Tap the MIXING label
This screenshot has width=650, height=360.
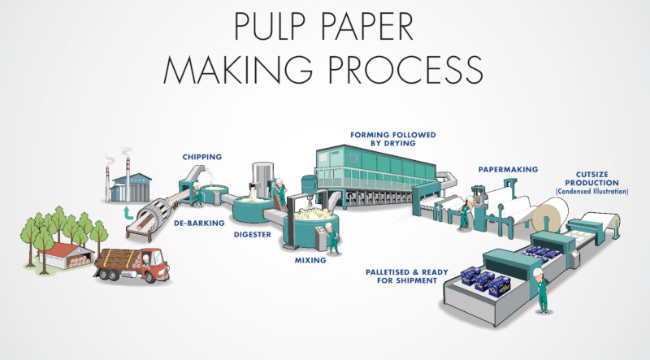311,261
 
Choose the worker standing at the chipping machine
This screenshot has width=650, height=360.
196,193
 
